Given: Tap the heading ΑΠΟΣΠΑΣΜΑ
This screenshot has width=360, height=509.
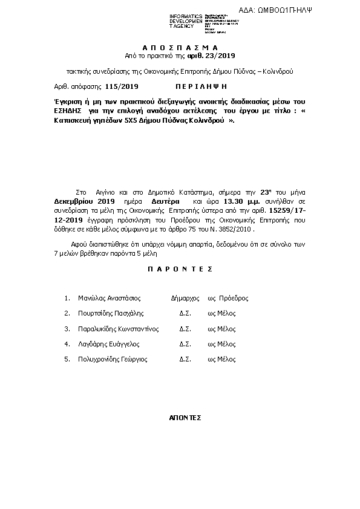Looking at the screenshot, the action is point(180,47).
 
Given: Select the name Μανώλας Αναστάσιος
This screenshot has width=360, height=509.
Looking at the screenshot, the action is point(110,298).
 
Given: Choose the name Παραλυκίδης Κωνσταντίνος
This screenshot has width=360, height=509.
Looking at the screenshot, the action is point(119,329).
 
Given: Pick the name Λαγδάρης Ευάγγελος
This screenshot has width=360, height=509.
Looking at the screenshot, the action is point(109,344).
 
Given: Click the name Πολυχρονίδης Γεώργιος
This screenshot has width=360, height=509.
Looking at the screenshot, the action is point(113,359).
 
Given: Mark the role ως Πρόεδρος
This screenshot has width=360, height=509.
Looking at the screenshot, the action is point(228,298).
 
